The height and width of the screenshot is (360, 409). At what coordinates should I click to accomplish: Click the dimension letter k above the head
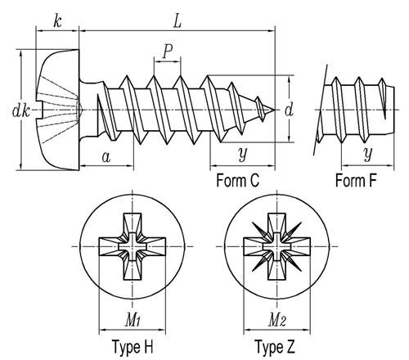pos(57,20)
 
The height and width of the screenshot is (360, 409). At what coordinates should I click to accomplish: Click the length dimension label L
pos(178,21)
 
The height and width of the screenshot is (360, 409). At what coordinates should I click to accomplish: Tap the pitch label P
pos(168,52)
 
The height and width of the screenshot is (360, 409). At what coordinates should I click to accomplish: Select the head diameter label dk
pos(21,110)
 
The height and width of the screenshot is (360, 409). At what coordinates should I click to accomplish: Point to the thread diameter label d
pos(289,110)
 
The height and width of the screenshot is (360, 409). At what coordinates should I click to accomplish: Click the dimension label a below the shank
pos(106,157)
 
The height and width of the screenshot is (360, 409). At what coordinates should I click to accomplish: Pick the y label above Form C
pos(242,154)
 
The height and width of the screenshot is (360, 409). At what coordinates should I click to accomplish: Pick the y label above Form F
pos(368,154)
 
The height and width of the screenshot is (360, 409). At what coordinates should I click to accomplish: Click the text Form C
pos(237,181)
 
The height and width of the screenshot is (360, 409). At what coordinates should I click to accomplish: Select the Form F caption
pos(356,181)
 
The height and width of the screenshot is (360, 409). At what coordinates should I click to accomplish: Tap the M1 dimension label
pos(133,320)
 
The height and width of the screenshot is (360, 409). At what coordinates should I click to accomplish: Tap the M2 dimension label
pos(277,320)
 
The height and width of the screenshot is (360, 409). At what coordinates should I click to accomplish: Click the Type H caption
pos(133,347)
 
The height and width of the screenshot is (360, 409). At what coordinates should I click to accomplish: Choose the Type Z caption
pos(275,347)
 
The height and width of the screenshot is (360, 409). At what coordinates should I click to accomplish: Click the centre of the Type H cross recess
pos(133,246)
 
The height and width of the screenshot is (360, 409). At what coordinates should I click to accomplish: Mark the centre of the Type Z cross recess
pos(277,246)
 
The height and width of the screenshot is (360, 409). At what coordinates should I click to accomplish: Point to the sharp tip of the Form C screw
pos(274,110)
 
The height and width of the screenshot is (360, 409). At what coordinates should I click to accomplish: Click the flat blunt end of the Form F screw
pos(394,110)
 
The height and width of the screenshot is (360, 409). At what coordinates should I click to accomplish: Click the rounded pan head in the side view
pos(58,110)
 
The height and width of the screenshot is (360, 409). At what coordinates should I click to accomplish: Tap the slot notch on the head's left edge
pos(40,110)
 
